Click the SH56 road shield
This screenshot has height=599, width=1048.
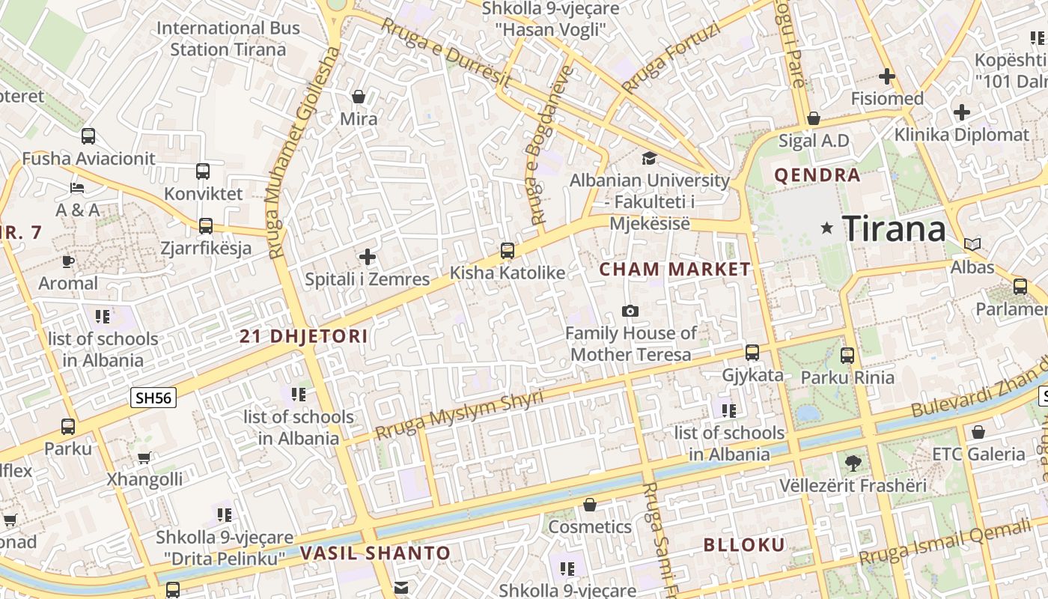point(153,398)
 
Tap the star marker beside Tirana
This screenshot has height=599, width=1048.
point(826,228)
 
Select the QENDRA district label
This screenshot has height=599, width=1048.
point(817,176)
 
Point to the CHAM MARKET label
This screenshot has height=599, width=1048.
point(675,270)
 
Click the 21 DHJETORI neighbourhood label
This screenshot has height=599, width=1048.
point(304,336)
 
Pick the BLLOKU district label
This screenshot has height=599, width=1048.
point(744,544)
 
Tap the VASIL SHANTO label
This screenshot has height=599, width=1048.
point(376,554)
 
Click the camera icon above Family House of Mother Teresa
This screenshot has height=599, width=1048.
point(630,311)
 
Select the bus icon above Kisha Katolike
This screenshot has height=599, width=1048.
point(508,251)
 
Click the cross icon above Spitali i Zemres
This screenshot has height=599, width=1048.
point(368,258)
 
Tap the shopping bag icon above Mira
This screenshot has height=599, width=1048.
point(359,97)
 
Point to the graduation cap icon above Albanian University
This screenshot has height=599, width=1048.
point(649,158)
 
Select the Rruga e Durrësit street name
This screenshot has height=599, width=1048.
point(445,52)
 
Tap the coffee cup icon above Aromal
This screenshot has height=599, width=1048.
point(68,261)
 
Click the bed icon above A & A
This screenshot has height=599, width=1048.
point(77,187)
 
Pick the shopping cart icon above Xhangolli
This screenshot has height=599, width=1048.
point(144,457)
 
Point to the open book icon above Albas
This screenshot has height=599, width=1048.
point(972,245)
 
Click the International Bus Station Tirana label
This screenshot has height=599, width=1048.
point(228,39)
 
